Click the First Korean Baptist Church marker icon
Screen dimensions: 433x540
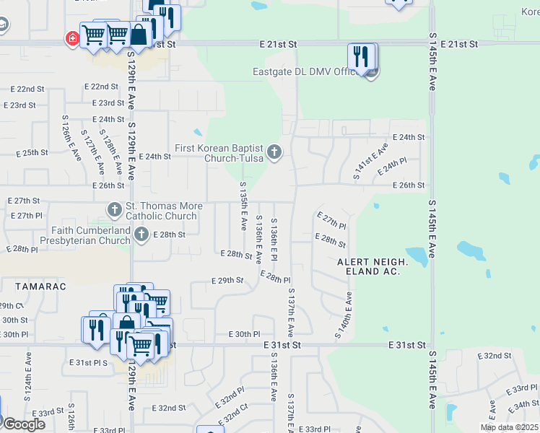(x=274, y=152)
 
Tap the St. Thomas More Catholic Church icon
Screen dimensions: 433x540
(x=114, y=210)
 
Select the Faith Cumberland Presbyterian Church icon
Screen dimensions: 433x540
(x=141, y=233)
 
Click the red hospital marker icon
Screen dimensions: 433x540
(x=73, y=38)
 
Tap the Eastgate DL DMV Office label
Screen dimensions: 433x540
(x=308, y=71)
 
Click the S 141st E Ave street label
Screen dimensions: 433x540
(x=371, y=160)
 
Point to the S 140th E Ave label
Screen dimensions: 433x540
(x=344, y=315)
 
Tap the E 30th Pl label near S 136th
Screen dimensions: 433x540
(x=244, y=334)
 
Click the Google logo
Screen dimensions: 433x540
(x=23, y=424)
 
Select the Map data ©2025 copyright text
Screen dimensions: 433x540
(x=509, y=427)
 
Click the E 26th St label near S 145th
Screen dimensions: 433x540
(x=408, y=185)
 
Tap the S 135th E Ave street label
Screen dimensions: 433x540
(x=243, y=206)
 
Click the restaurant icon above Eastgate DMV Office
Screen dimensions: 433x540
(x=360, y=56)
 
